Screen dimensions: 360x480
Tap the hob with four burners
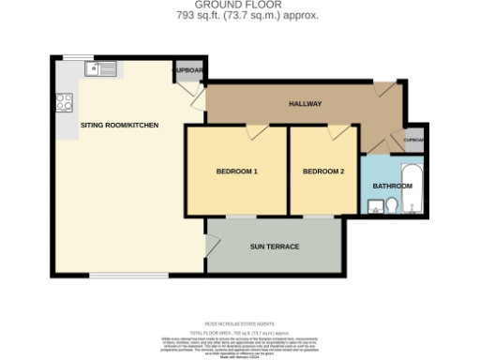65,102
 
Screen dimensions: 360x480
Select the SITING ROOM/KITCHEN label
119,125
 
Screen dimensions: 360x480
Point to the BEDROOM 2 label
323,172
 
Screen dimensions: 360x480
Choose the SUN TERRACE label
274,247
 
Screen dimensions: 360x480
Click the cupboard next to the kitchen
188,71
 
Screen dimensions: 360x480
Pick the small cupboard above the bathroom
413,140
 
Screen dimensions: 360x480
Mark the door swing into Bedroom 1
254,133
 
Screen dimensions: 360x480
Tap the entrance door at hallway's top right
383,90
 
